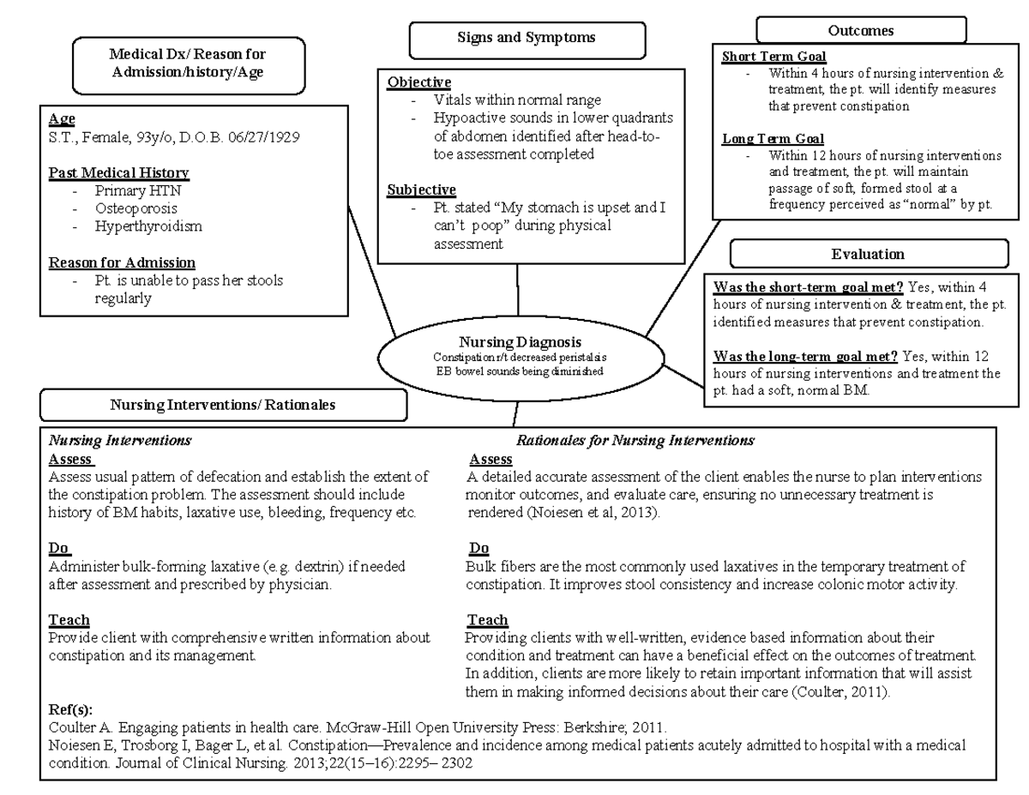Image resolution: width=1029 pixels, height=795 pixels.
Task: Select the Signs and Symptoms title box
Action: [x=514, y=39]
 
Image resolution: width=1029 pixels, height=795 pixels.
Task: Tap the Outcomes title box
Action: [x=860, y=31]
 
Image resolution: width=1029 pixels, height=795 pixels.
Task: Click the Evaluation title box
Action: [x=867, y=254]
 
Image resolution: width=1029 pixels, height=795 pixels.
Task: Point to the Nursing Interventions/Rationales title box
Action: [x=223, y=405]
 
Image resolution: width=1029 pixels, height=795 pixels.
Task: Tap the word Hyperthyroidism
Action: [x=148, y=226]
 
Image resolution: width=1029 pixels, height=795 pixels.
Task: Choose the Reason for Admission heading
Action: [x=122, y=262]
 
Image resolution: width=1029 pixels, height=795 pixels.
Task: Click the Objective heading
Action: [x=419, y=82]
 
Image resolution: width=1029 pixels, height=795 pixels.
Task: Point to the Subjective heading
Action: [x=421, y=190]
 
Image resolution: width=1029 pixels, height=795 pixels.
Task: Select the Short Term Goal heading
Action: [x=773, y=57]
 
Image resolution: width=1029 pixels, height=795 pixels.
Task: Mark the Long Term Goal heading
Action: [x=773, y=139]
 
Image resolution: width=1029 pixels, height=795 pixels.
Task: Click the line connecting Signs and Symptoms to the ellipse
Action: [x=518, y=290]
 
